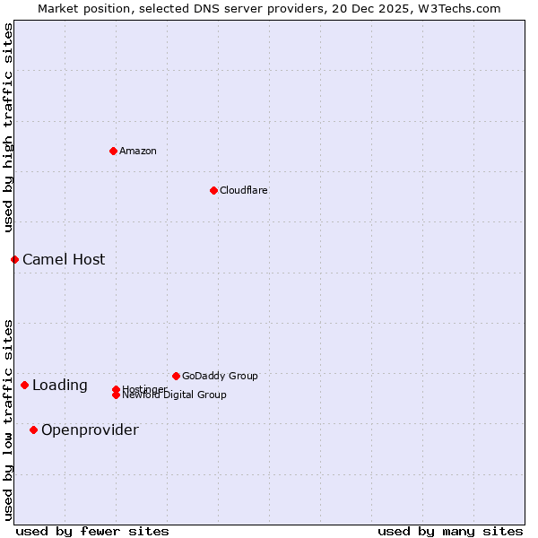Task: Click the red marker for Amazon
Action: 113,151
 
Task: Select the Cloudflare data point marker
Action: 213,190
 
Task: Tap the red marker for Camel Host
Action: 14,259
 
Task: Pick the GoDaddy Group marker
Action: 176,376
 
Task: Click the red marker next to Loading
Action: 24,385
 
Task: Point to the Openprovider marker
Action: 33,430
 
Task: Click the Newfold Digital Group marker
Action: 116,395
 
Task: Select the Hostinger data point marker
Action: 116,388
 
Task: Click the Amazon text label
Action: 138,151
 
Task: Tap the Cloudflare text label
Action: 244,190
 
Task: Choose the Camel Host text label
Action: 64,259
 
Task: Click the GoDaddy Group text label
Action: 220,376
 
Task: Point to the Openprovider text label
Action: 90,430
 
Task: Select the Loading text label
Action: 60,386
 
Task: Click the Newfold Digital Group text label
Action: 175,395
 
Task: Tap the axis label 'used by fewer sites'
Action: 92,531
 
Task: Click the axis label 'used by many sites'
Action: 450,531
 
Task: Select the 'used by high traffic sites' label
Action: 8,127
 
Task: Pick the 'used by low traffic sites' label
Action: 8,420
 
